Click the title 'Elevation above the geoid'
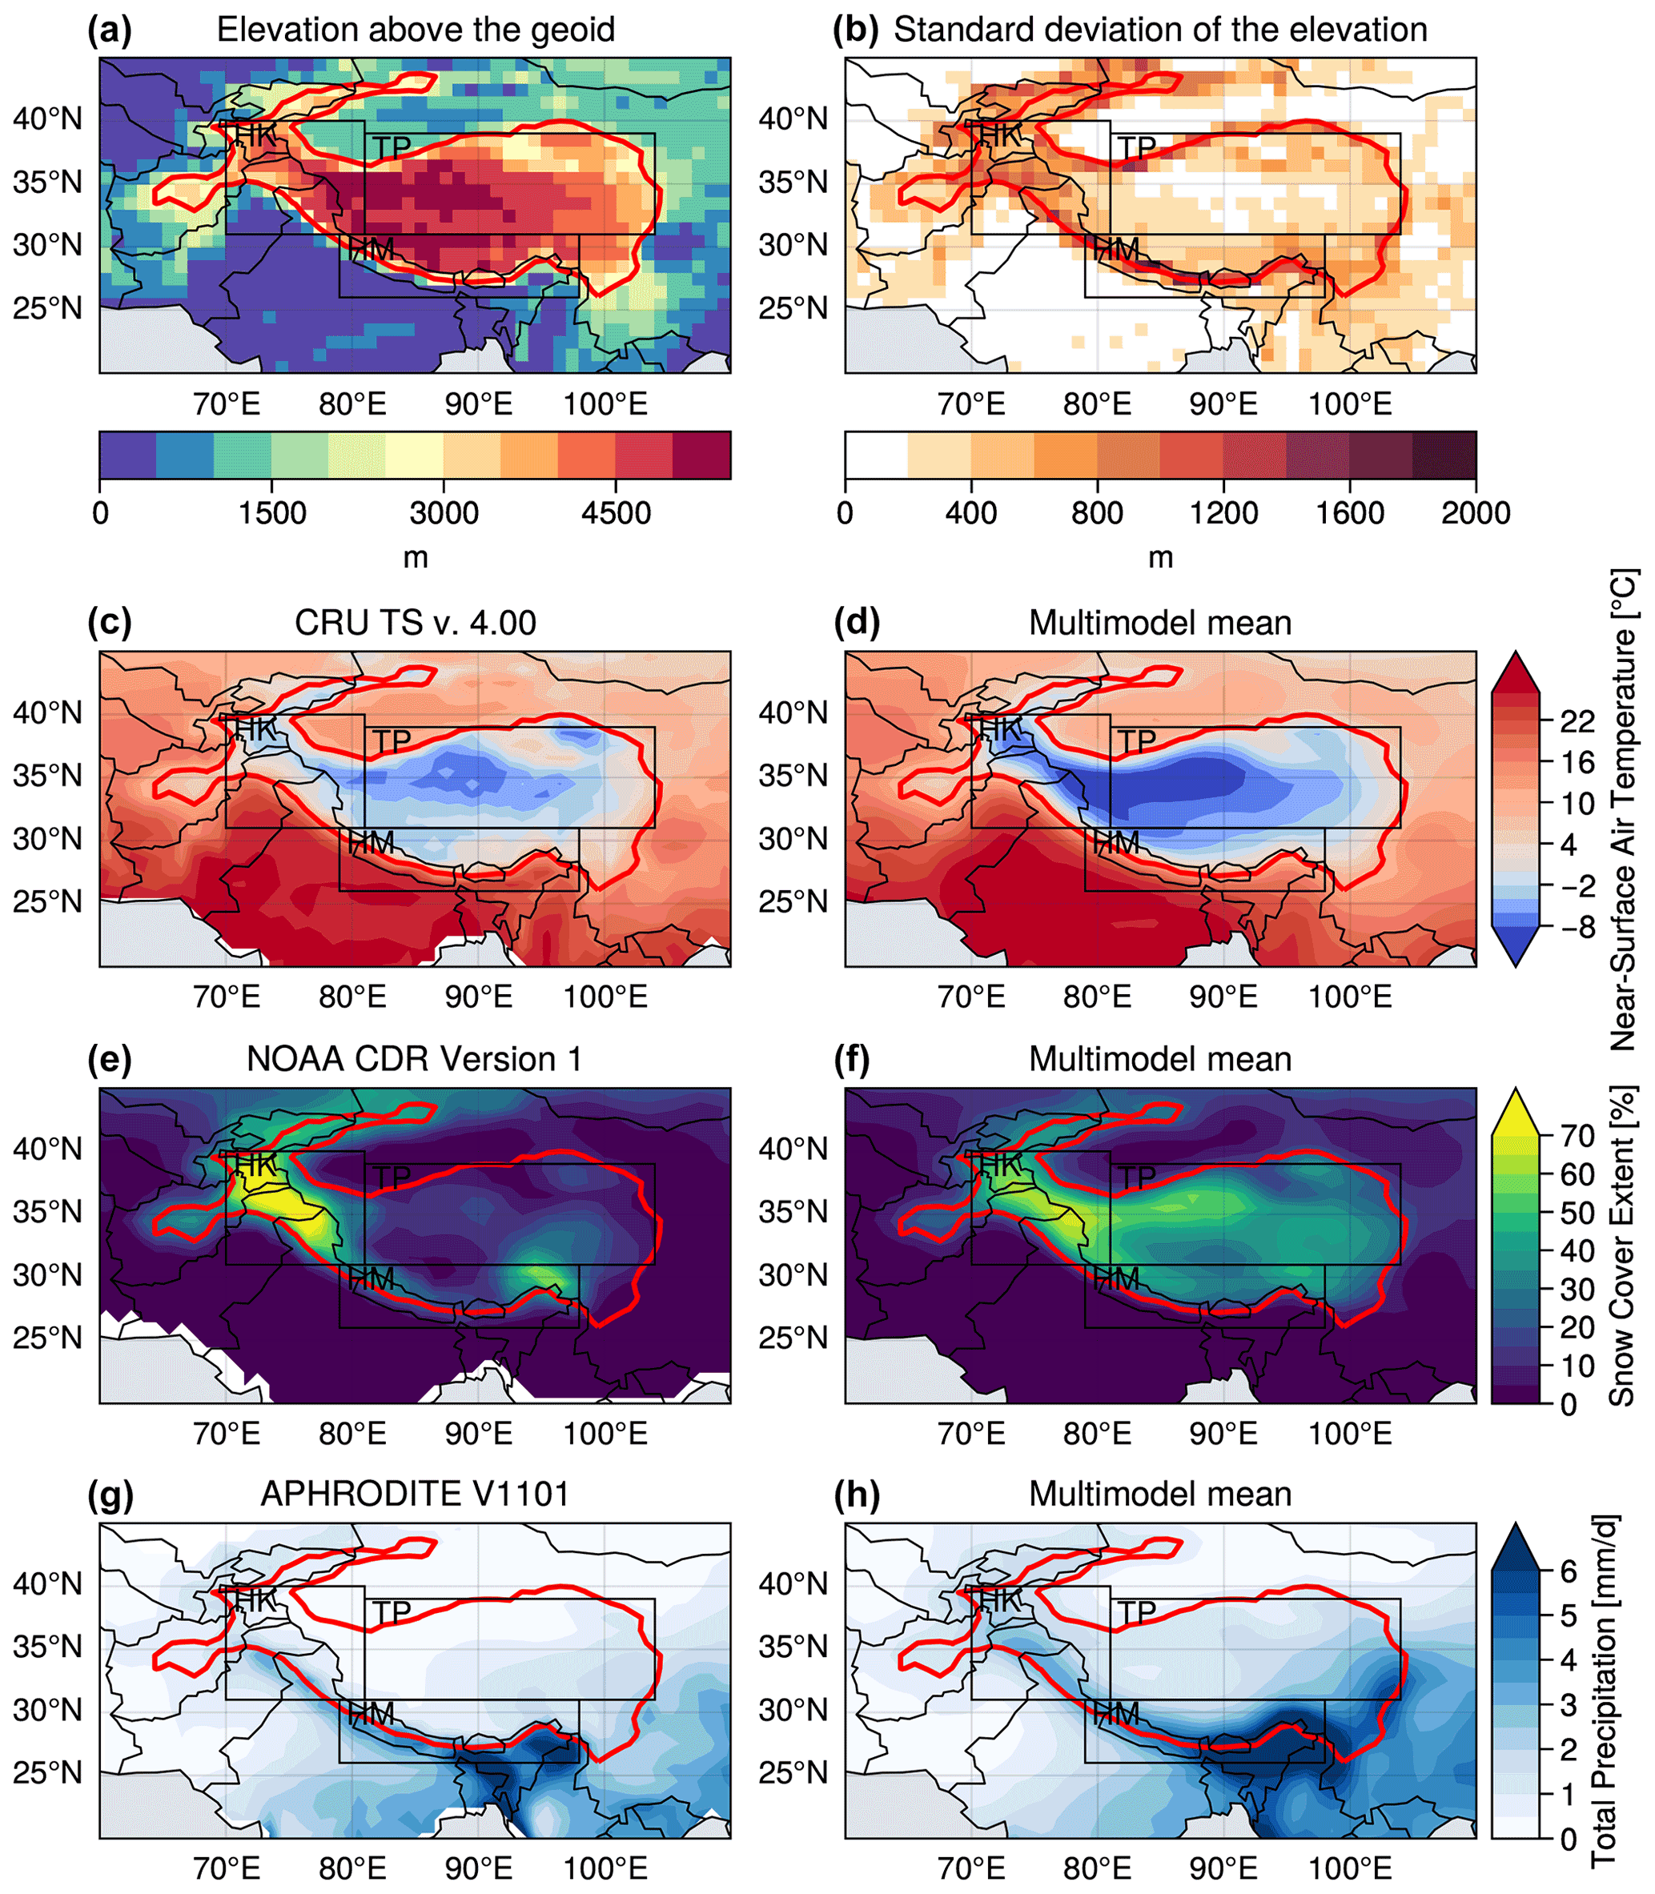pyautogui.click(x=416, y=30)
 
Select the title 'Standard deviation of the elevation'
pyautogui.click(x=1160, y=30)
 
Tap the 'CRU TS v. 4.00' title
pyautogui.click(x=415, y=624)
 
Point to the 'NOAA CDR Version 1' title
pyautogui.click(x=415, y=1059)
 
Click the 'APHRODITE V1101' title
pyautogui.click(x=415, y=1494)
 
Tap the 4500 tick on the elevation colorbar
pyautogui.click(x=616, y=512)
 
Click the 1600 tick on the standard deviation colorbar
pyautogui.click(x=1349, y=512)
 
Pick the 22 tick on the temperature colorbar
pyautogui.click(x=1577, y=721)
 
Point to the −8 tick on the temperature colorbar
pyautogui.click(x=1577, y=926)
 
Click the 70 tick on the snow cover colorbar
pyautogui.click(x=1577, y=1135)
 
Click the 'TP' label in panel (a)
pyautogui.click(x=392, y=148)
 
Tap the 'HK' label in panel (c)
pyautogui.click(x=255, y=729)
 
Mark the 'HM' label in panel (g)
pyautogui.click(x=372, y=1714)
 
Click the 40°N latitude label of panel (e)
pyautogui.click(x=47, y=1149)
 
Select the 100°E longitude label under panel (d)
pyautogui.click(x=1349, y=997)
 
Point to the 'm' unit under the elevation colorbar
pyautogui.click(x=416, y=558)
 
